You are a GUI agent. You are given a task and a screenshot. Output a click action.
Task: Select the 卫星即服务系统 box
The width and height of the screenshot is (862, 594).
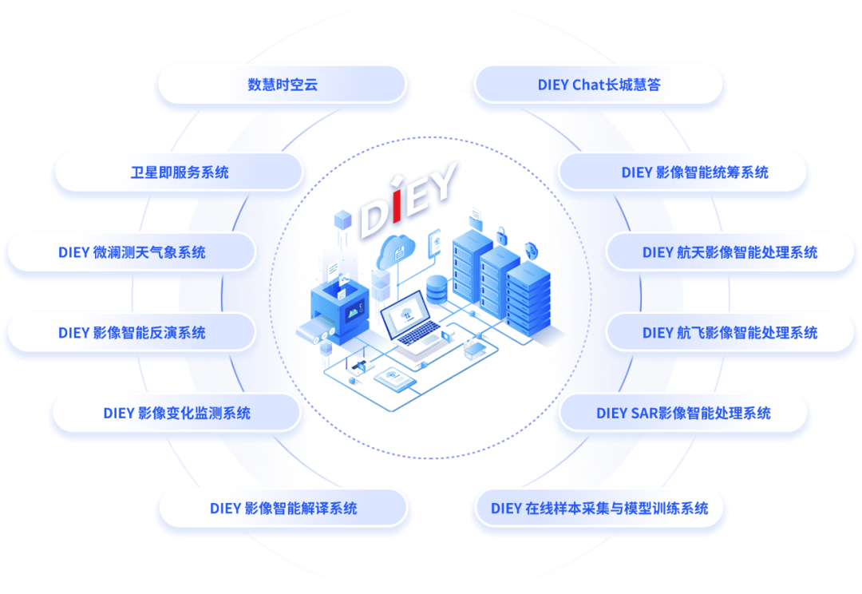180,172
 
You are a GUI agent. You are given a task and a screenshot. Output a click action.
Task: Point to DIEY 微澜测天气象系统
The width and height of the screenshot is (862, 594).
132,252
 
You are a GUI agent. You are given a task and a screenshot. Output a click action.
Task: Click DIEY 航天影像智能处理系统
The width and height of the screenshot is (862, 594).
730,252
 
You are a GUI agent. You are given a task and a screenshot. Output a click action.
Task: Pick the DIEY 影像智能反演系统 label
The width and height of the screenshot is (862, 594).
132,333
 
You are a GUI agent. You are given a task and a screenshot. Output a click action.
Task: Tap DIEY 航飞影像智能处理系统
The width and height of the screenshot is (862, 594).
730,333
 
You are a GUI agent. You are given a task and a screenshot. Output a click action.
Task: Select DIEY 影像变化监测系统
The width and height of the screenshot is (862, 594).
176,413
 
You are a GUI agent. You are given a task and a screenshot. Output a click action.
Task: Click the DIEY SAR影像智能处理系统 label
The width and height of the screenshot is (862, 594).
683,413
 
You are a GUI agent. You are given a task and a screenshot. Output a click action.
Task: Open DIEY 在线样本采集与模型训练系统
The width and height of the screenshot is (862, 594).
599,508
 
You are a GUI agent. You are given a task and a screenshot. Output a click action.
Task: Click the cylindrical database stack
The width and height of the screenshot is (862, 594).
437,288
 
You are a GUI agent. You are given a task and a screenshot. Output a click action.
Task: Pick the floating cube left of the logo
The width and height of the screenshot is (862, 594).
344,218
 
